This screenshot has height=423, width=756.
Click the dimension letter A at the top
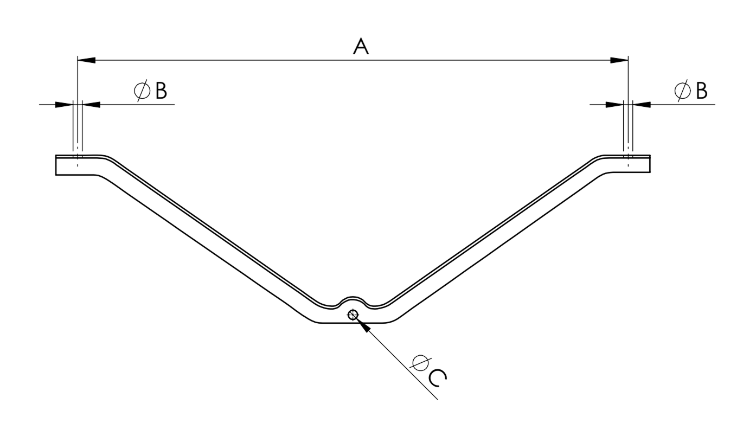click(x=361, y=47)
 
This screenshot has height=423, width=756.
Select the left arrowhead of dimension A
click(x=86, y=60)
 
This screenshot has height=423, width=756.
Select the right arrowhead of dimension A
click(x=619, y=60)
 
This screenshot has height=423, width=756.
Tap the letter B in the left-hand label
click(x=161, y=91)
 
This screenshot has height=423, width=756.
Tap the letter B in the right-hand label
click(x=702, y=91)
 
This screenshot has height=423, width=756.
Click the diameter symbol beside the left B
click(x=142, y=91)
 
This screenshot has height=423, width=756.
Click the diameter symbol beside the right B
click(x=682, y=91)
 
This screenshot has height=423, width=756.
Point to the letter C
click(x=438, y=378)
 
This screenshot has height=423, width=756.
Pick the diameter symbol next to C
click(x=420, y=363)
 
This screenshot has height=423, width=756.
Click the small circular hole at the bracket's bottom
click(x=353, y=315)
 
